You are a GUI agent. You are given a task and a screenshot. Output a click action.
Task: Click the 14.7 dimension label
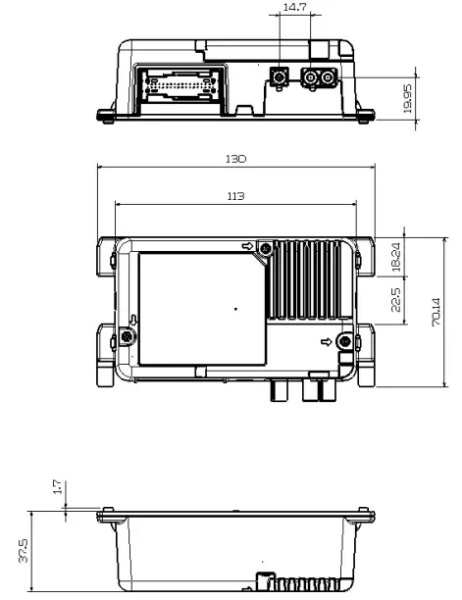(293, 8)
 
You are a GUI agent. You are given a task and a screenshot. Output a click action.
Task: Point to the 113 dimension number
(235, 197)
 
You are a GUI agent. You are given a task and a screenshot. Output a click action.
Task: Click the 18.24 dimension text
(394, 258)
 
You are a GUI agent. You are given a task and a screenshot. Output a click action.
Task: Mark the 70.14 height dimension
(435, 311)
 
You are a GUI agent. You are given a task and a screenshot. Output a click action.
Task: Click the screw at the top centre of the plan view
(266, 248)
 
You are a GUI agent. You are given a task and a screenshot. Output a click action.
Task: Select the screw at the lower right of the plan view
(343, 340)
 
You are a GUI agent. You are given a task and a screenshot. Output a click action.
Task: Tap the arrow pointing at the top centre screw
(249, 246)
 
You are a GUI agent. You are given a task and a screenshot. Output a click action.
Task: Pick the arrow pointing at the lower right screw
(327, 341)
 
